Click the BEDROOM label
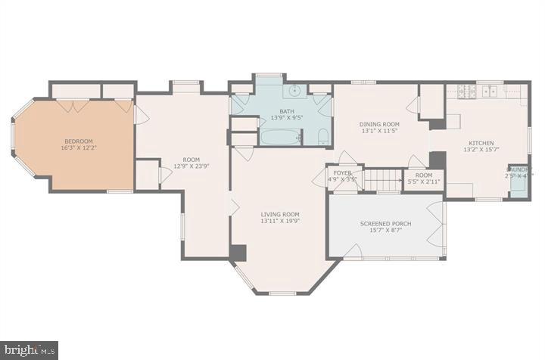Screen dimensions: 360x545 78,141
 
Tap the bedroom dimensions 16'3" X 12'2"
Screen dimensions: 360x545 78,149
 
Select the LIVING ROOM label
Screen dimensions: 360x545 280,214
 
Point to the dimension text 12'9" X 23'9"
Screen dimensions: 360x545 191,166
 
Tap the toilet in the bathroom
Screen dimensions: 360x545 322,138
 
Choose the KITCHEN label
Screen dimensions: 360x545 481,143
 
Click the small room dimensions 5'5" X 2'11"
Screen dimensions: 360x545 423,182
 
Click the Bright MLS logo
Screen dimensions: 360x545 29,349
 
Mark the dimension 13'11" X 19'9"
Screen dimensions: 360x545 280,222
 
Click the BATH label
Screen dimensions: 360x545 281,110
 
